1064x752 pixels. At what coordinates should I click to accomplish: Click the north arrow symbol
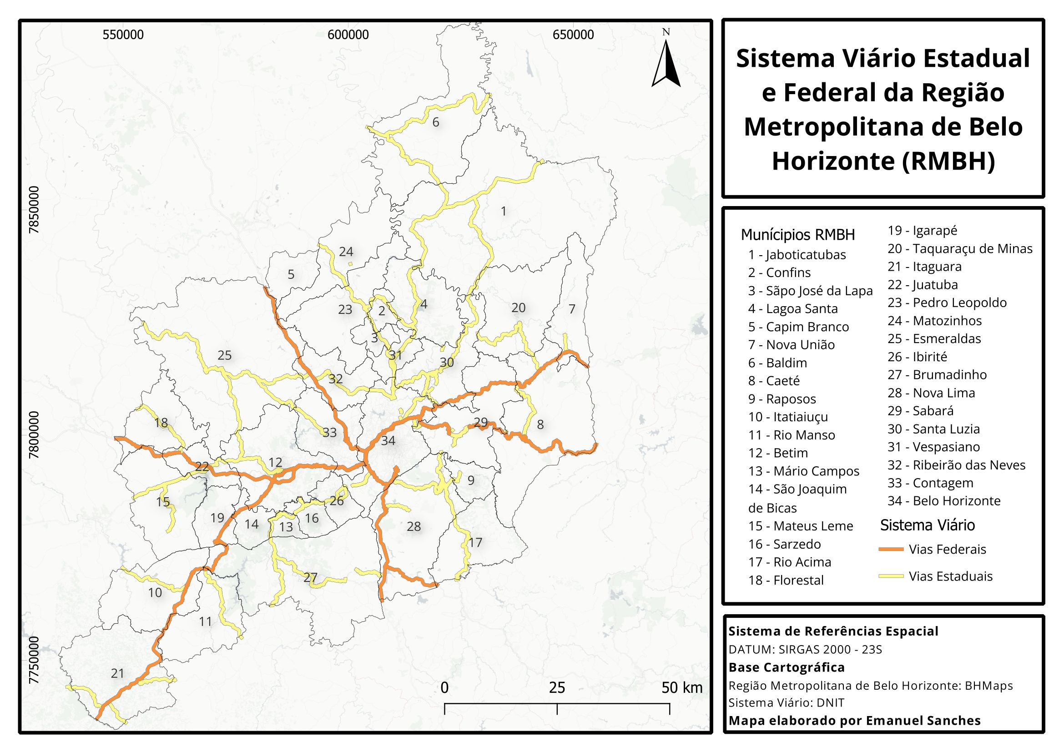666,62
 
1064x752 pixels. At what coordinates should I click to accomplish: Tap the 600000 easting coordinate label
348,35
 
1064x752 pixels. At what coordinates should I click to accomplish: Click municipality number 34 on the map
388,441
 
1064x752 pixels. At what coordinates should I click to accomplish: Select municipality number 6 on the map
436,122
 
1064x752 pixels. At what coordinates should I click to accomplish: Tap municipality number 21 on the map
118,673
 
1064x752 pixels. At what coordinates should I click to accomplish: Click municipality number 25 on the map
224,355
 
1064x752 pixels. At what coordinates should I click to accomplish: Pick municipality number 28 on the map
413,526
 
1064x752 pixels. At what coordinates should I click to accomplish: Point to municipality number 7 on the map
572,309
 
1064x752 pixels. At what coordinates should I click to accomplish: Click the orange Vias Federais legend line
891,549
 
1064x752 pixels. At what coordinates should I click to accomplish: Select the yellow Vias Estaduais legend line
891,576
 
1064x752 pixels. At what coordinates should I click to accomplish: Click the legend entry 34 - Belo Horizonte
943,501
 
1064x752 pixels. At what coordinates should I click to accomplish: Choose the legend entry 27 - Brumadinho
937,375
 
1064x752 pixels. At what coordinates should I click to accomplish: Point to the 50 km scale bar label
681,688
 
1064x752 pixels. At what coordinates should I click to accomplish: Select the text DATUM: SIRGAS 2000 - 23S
805,650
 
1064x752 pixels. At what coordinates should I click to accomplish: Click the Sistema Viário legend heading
927,525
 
